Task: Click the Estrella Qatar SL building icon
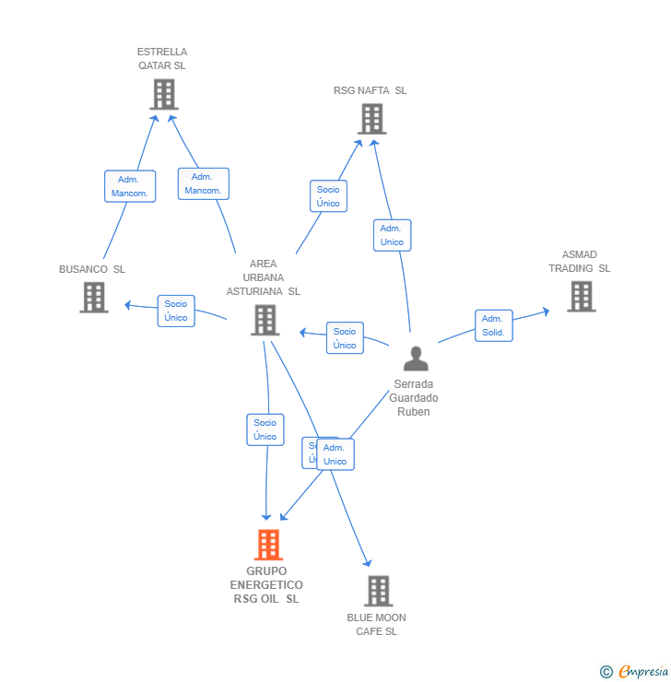[x=163, y=94]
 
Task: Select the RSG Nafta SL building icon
[x=371, y=119]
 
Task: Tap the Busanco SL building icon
[x=93, y=297]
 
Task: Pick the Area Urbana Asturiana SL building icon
[x=265, y=320]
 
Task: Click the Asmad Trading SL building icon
[x=581, y=296]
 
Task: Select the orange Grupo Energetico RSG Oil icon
[x=268, y=545]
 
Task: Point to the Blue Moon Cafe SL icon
[x=378, y=591]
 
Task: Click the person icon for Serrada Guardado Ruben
[x=416, y=359]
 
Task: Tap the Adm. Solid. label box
[x=493, y=325]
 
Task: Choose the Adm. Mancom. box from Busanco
[x=130, y=186]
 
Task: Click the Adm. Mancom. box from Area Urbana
[x=203, y=183]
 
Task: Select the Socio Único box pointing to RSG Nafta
[x=328, y=196]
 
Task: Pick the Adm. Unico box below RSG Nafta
[x=392, y=235]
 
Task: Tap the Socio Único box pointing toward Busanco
[x=176, y=311]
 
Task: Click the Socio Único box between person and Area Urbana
[x=345, y=338]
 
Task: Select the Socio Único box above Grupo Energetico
[x=265, y=429]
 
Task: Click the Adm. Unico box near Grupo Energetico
[x=335, y=454]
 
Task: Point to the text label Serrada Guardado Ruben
[x=414, y=398]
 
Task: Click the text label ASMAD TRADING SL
[x=580, y=262]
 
